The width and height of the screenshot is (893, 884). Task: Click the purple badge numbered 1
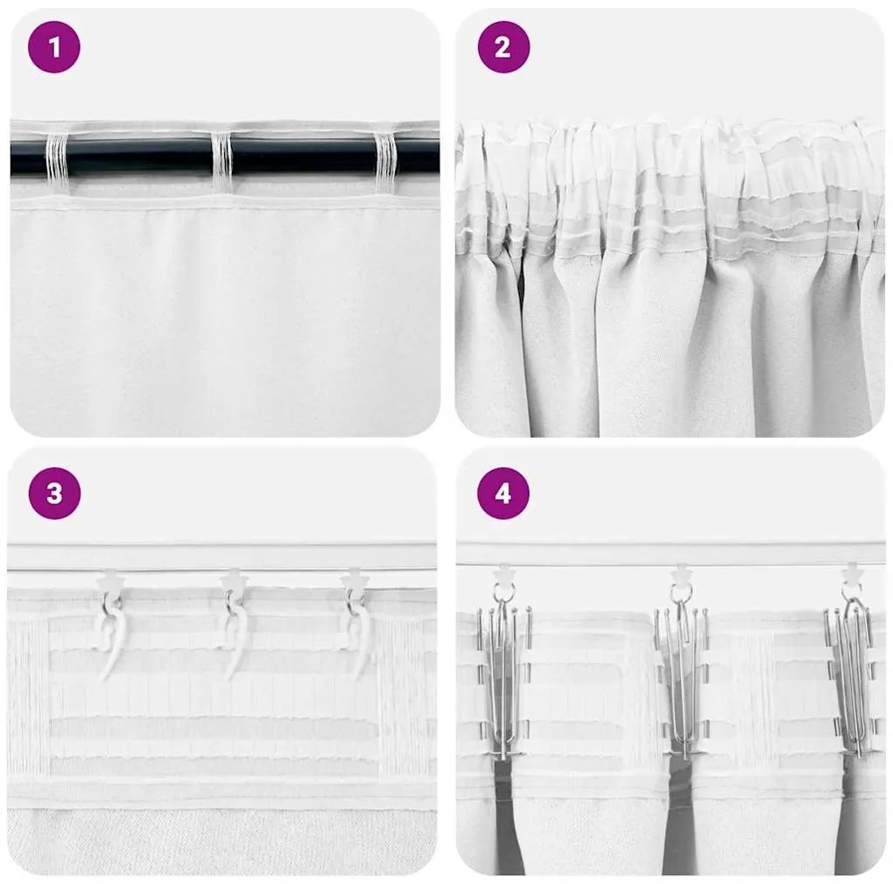tap(54, 47)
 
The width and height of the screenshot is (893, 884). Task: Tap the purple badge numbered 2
tap(503, 47)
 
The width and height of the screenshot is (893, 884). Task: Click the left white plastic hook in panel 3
tap(110, 635)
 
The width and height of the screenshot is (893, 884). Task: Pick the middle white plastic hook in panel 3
tap(235, 635)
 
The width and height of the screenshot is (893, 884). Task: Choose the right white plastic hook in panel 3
tap(359, 635)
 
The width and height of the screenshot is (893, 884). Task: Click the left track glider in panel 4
tap(505, 576)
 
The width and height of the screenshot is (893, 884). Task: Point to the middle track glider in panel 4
tap(680, 576)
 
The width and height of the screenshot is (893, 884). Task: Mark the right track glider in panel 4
tap(851, 576)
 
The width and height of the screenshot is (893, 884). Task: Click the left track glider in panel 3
tap(112, 579)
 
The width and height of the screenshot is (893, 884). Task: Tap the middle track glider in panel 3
tap(234, 579)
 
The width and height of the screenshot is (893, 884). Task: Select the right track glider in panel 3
tap(354, 579)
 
